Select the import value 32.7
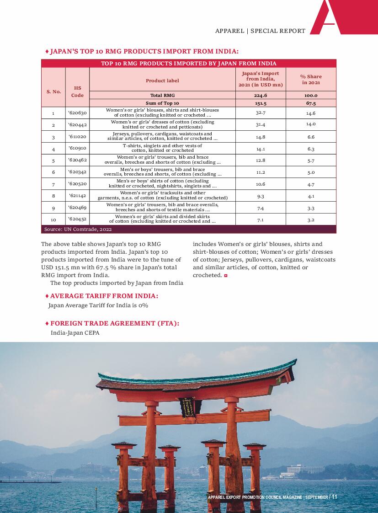tap(261, 112)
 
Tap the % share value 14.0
tap(311, 124)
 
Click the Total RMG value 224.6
tap(261, 96)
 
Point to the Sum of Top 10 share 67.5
tap(311, 103)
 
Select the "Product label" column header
tap(162, 80)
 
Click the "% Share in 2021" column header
tap(311, 80)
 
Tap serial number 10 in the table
tap(53, 219)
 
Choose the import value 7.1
tap(261, 219)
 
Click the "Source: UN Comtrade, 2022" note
tap(78, 229)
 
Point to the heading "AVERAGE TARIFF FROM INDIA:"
tap(104, 296)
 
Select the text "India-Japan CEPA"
tap(75, 333)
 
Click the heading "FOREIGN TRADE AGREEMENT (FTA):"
tap(114, 323)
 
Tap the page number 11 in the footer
tap(334, 497)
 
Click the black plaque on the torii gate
tap(187, 407)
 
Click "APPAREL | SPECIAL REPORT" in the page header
tap(260, 31)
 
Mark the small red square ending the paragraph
tap(226, 276)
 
